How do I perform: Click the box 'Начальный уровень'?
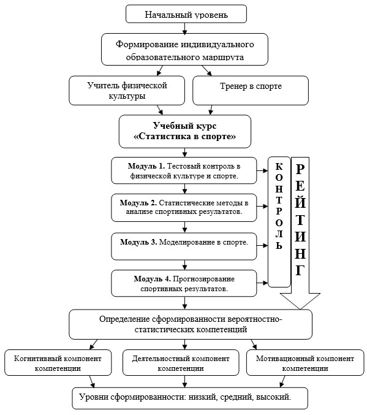tap(186, 14)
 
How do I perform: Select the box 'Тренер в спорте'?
tap(251, 91)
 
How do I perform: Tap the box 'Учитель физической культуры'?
tap(127, 91)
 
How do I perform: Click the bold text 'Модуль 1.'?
tap(146, 166)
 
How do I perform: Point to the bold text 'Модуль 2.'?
tap(138, 203)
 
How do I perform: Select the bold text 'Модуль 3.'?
tap(138, 242)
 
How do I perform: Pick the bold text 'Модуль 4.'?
tap(152, 279)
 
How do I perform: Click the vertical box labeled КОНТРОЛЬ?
tap(279, 222)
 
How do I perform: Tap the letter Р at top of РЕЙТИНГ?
tap(300, 169)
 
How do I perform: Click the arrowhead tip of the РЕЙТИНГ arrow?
tap(300, 309)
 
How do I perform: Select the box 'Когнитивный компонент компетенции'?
tap(58, 363)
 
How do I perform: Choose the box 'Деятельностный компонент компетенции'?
tap(181, 363)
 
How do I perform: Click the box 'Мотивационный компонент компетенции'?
tap(305, 363)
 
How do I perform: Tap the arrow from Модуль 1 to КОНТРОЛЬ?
tap(262, 170)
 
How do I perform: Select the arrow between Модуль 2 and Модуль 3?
tap(184, 227)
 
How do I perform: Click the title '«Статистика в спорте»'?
tap(184, 136)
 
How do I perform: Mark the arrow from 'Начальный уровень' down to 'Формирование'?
tap(184, 29)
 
